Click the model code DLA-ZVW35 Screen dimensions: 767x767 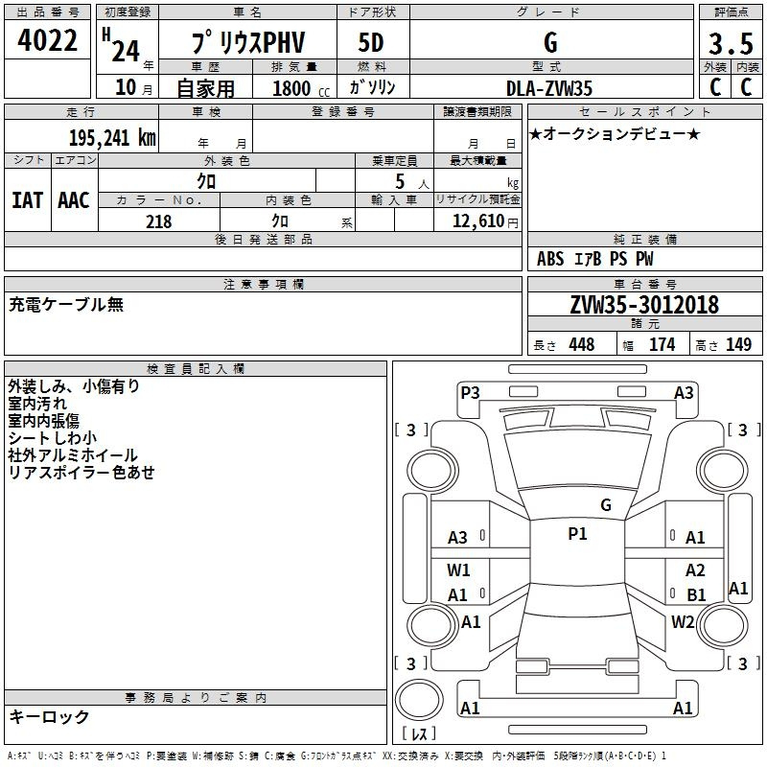pos(549,87)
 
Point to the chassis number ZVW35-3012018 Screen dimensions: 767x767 pos(643,305)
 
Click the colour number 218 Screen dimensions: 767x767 pos(158,221)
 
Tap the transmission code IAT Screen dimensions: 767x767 pos(27,200)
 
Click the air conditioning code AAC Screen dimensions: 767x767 pos(73,200)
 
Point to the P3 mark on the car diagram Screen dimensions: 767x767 pos(470,392)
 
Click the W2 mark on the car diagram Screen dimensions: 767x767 pos(683,621)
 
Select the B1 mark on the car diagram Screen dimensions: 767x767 pos(695,595)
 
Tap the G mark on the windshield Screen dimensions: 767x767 pos(605,504)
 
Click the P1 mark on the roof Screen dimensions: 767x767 pos(577,534)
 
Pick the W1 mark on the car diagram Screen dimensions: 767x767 pos(458,570)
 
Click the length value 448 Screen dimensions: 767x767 pos(581,344)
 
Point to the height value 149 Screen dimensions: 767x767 pos(738,344)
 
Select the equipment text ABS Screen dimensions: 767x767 pos(550,259)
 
